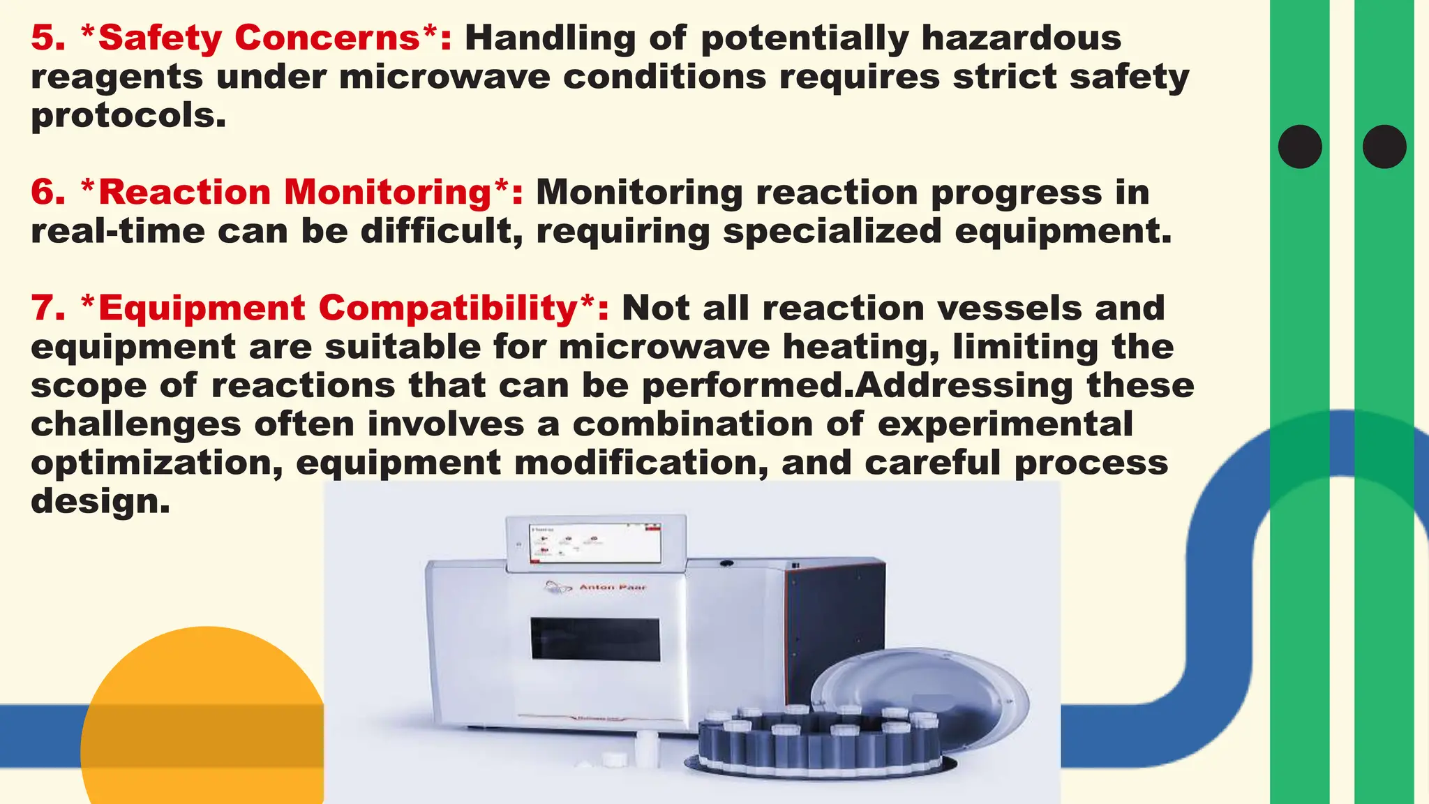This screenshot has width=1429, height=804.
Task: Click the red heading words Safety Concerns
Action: coord(259,38)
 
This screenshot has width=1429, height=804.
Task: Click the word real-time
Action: coord(118,231)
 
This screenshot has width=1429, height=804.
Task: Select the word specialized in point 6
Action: coord(832,231)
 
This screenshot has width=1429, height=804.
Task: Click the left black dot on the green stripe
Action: coord(1300,147)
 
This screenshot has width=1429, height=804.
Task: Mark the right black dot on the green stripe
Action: coord(1384,147)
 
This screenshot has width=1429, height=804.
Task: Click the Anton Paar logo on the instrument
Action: coord(597,587)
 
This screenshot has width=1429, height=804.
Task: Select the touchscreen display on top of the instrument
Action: coord(595,544)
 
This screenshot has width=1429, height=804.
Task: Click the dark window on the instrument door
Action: coord(595,639)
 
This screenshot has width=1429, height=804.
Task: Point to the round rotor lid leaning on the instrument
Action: coord(921,698)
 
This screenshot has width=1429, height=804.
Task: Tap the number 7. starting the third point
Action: coord(47,308)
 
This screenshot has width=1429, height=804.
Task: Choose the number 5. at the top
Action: coord(47,38)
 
